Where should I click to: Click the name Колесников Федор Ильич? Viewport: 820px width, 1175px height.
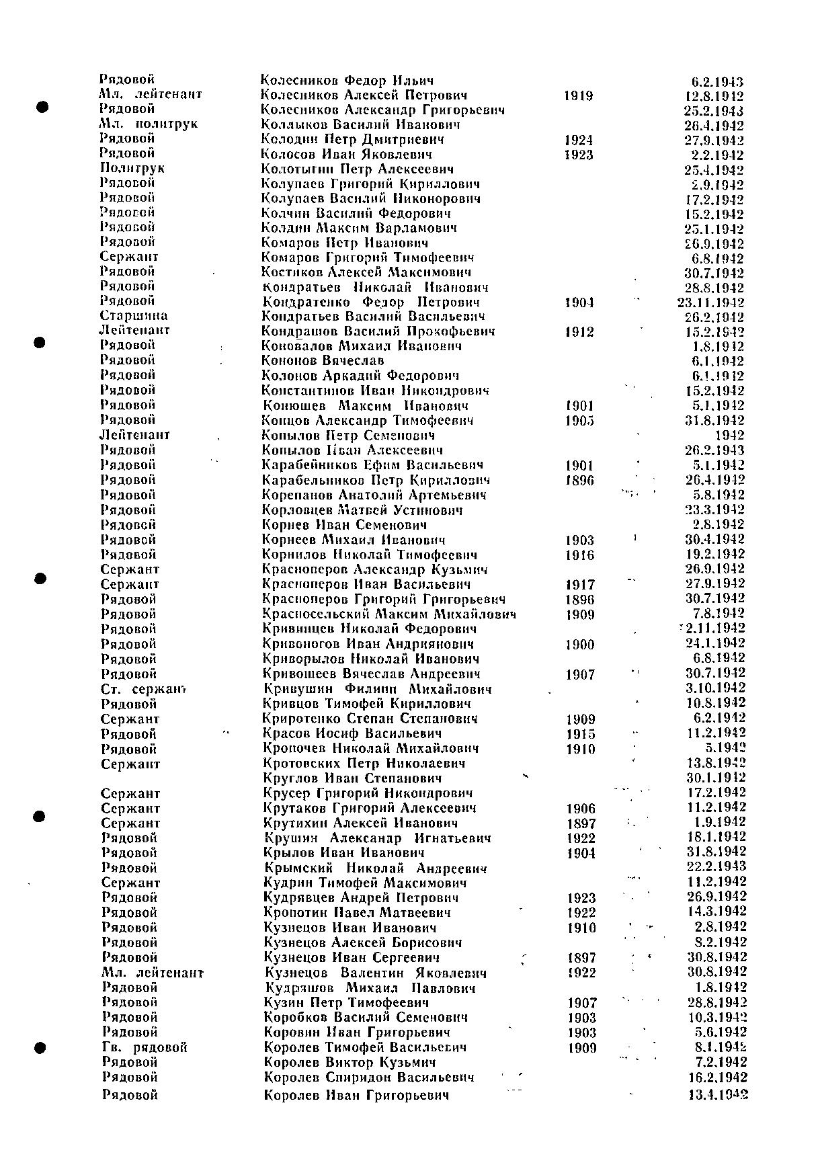[x=347, y=81]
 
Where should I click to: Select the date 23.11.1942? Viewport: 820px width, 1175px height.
[x=710, y=302]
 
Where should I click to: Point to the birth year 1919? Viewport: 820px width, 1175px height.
[x=579, y=96]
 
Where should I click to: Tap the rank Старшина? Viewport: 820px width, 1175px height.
[x=134, y=316]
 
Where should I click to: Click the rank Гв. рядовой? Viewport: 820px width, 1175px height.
[x=144, y=1047]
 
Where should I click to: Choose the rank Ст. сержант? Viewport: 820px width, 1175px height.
[x=143, y=689]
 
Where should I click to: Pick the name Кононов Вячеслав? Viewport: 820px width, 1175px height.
[x=323, y=361]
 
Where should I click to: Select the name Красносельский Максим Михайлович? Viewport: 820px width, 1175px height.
[x=389, y=614]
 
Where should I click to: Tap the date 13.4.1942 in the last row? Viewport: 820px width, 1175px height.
[x=718, y=1096]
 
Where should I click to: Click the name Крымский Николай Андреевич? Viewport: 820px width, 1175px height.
[x=375, y=868]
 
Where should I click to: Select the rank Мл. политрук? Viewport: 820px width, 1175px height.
[x=149, y=124]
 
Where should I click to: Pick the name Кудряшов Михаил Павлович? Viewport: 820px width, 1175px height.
[x=370, y=988]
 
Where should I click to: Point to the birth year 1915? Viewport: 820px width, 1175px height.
[x=580, y=734]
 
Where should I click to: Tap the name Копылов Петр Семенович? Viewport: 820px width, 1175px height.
[x=348, y=436]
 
